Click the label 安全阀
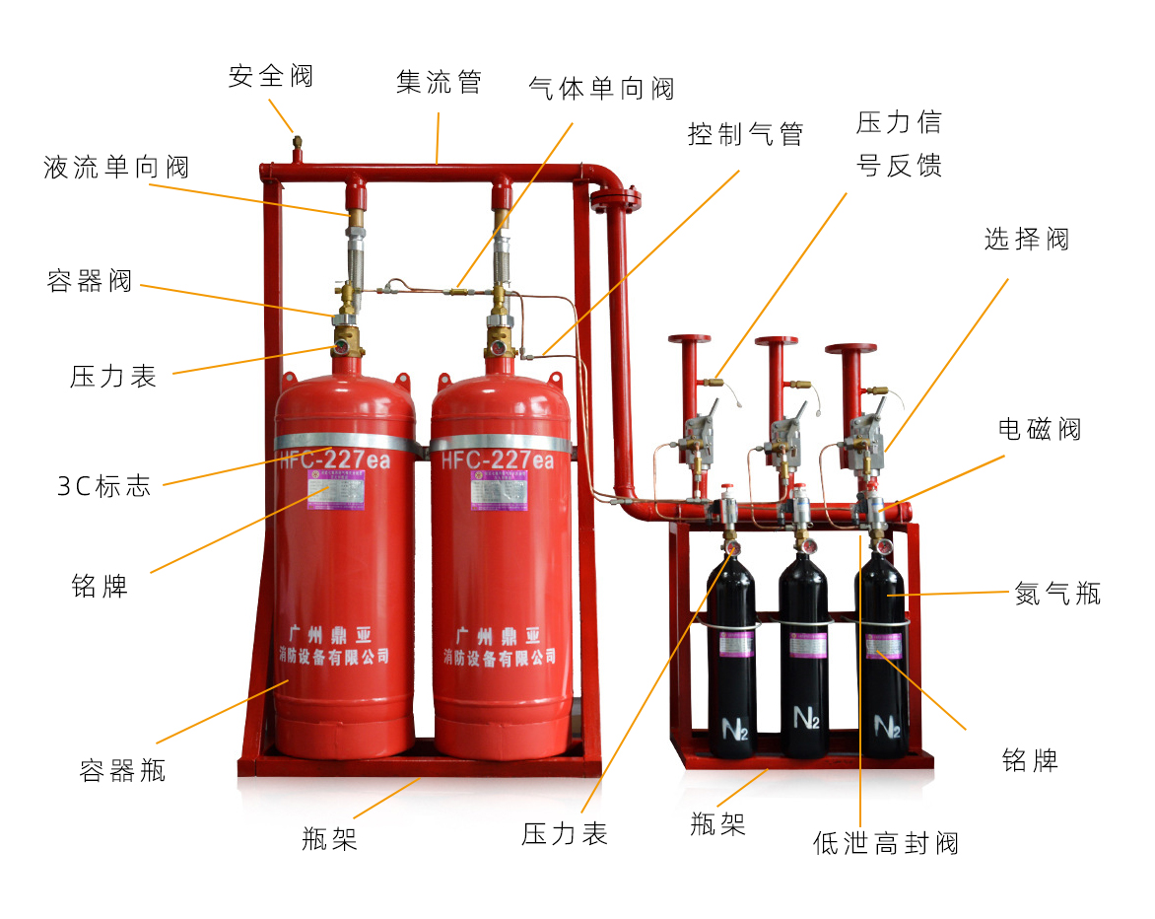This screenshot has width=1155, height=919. pos(271,77)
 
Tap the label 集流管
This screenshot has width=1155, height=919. pos(439,82)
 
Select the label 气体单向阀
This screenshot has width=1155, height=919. pos(601,90)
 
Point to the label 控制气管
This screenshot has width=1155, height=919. pos(745,134)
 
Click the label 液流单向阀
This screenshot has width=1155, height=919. pos(116,168)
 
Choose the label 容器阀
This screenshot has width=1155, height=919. pos(90,282)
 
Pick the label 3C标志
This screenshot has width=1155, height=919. pos(104,486)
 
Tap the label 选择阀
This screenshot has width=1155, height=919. pos(1026,240)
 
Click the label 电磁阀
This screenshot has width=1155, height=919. pos(1040,429)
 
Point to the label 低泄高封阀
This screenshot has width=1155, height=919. pos(885,843)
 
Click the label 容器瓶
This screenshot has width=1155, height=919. pos(122,770)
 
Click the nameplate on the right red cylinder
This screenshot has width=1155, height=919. pos(500,489)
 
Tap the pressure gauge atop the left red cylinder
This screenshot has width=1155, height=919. pos(341,347)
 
